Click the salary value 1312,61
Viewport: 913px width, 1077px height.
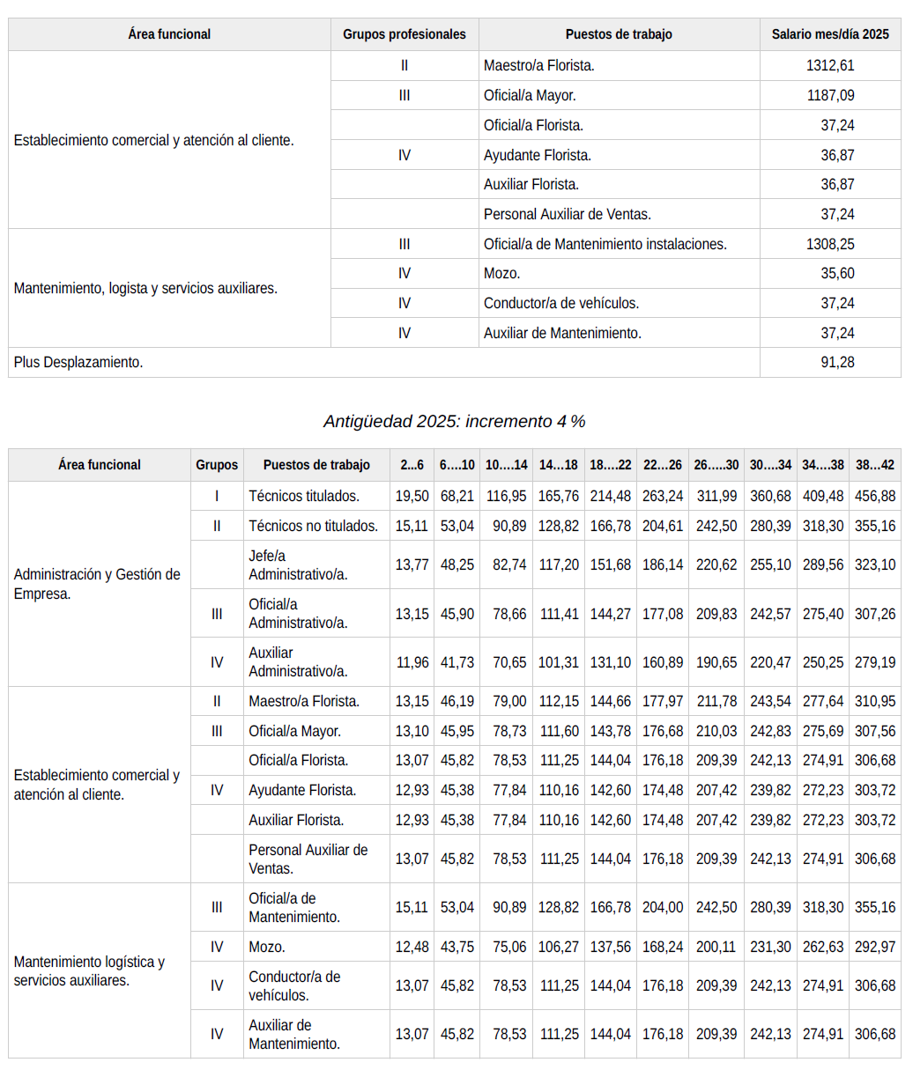pyautogui.click(x=829, y=65)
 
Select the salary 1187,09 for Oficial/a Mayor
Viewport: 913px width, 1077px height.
pyautogui.click(x=829, y=95)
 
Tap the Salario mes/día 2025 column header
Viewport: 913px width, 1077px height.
pyautogui.click(x=829, y=34)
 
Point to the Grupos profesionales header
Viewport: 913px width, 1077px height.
pyautogui.click(x=404, y=34)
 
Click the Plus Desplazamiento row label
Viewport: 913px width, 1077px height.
pyautogui.click(x=78, y=362)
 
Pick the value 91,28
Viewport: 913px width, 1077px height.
pyautogui.click(x=837, y=362)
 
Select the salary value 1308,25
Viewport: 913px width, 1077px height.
pyautogui.click(x=829, y=244)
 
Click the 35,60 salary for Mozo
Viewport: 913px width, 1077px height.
pyautogui.click(x=837, y=273)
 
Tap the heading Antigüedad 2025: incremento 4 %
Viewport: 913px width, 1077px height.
pyautogui.click(x=454, y=421)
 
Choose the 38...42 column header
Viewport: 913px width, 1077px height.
pyautogui.click(x=874, y=465)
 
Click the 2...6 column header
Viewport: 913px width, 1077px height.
pyautogui.click(x=412, y=465)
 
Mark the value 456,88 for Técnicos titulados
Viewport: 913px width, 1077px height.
pyautogui.click(x=874, y=496)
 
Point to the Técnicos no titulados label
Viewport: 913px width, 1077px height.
pyautogui.click(x=313, y=526)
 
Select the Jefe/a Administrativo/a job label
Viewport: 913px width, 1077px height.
pyautogui.click(x=298, y=564)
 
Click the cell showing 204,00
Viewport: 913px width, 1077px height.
pyautogui.click(x=663, y=907)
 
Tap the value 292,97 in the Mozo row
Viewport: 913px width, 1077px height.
pyautogui.click(x=874, y=947)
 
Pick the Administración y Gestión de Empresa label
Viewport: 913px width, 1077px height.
pyautogui.click(x=97, y=584)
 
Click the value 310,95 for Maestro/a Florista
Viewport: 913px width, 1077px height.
pyautogui.click(x=874, y=701)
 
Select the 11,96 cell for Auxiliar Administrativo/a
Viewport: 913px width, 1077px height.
pyautogui.click(x=412, y=662)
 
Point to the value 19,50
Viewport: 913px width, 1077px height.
pyautogui.click(x=412, y=496)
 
